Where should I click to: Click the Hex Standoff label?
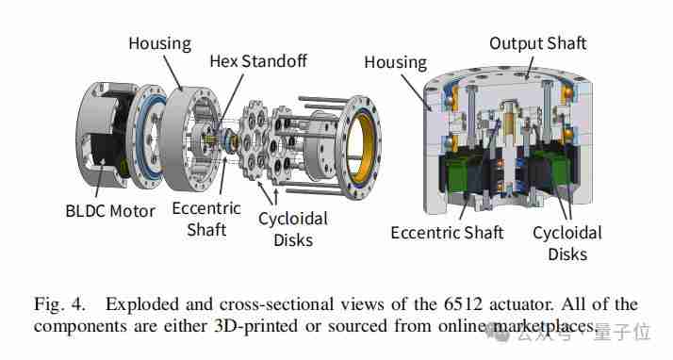coord(258,61)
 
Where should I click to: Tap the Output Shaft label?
coord(538,43)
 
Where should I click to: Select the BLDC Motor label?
coord(110,211)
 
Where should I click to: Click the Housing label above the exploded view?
coord(160,44)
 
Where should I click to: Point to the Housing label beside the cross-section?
coord(395,62)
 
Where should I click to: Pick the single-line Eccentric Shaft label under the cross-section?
coord(447,233)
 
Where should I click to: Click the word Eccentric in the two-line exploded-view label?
coord(206,208)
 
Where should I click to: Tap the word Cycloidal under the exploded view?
coord(293,220)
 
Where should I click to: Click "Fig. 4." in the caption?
coord(59,304)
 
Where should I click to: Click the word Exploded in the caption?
coord(142,304)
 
